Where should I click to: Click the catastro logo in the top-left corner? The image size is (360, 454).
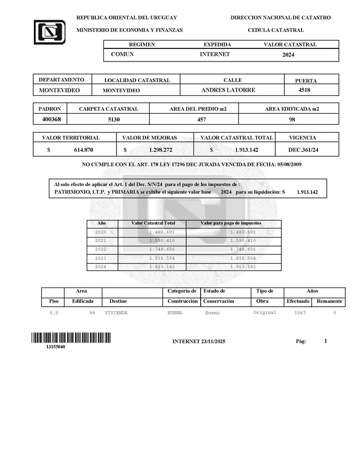49,32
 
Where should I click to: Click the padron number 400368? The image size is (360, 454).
50,120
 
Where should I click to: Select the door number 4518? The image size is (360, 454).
305,90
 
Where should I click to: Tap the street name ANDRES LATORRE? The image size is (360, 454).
228,90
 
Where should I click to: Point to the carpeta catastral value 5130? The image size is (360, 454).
114,120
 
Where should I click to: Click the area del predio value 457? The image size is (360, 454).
202,120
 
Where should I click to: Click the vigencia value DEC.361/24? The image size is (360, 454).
303,150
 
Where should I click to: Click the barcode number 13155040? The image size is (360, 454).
55,347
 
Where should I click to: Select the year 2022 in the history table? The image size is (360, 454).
101,249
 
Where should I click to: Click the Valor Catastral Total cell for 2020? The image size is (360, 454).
162,232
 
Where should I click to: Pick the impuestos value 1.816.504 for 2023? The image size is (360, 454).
243,258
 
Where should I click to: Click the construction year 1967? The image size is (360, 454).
299,313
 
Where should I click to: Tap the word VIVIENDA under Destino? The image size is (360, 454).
116,313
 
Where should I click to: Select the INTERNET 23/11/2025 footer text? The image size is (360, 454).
199,342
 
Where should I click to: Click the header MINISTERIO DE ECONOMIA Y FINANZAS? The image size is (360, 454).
130,30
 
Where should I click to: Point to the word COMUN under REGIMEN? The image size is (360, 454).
122,54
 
